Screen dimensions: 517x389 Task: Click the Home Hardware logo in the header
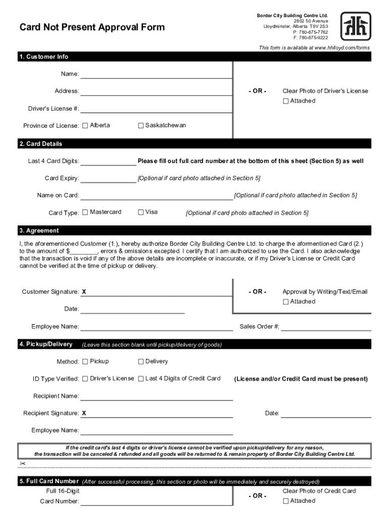(x=356, y=26)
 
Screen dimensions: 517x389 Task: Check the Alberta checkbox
(x=85, y=126)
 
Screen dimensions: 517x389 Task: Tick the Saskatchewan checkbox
(x=141, y=126)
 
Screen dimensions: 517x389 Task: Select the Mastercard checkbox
(x=85, y=213)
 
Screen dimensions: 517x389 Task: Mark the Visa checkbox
(x=141, y=213)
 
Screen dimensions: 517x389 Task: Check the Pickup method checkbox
(x=85, y=361)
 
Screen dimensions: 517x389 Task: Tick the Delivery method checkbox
(x=141, y=361)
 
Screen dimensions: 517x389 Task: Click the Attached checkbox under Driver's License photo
(x=286, y=101)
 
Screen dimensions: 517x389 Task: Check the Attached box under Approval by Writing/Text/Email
(x=286, y=302)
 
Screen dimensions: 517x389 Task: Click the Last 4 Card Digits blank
(x=108, y=162)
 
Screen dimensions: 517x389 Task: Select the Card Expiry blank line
(x=108, y=179)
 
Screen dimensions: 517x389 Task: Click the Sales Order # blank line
(x=326, y=328)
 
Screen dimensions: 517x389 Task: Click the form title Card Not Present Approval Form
(x=92, y=27)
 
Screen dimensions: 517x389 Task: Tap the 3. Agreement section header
(x=39, y=231)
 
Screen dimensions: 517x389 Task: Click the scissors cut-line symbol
(x=23, y=463)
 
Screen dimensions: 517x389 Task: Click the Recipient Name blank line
(x=156, y=397)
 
